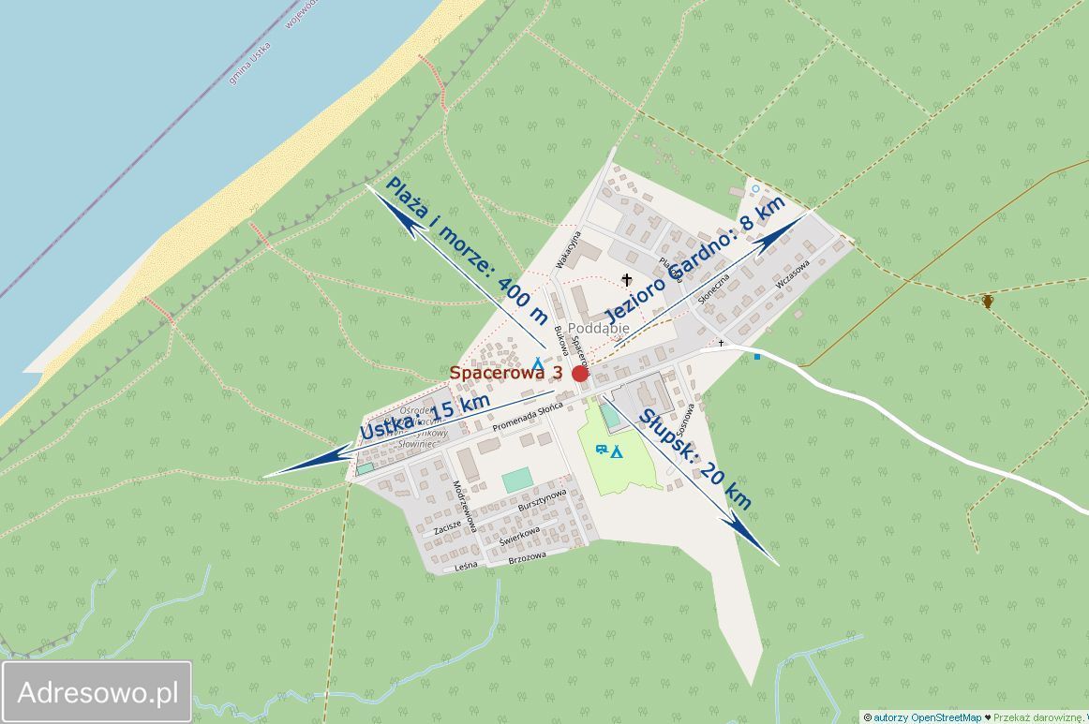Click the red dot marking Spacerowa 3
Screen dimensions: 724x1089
(x=580, y=374)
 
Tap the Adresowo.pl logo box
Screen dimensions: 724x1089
(x=97, y=692)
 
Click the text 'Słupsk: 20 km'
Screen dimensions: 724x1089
(x=695, y=459)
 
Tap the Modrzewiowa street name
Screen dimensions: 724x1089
(x=465, y=506)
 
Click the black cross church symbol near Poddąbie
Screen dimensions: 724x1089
(x=627, y=279)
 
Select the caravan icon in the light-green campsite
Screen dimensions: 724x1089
(x=600, y=450)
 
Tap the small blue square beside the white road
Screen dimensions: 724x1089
(x=757, y=357)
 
